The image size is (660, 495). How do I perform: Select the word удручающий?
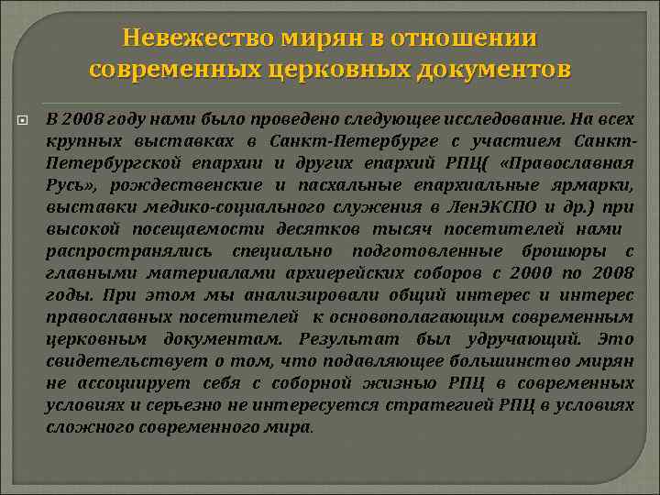[x=522, y=338]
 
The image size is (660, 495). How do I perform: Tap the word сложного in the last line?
[x=87, y=426]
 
